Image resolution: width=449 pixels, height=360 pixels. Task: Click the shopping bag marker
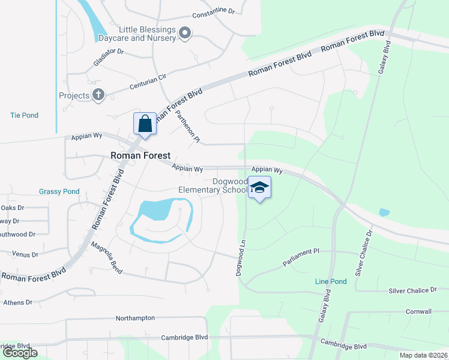click(x=145, y=124)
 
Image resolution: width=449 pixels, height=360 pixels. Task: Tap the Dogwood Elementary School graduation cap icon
click(x=259, y=188)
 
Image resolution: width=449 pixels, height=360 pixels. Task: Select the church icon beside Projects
click(x=98, y=95)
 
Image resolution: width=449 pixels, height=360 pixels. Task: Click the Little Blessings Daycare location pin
click(x=185, y=34)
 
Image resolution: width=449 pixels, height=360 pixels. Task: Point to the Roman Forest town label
click(x=140, y=155)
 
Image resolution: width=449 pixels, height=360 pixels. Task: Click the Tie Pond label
click(x=24, y=115)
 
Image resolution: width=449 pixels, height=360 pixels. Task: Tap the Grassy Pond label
click(x=59, y=191)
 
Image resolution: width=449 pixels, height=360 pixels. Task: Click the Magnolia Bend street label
click(x=107, y=258)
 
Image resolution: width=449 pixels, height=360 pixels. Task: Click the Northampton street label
click(x=135, y=318)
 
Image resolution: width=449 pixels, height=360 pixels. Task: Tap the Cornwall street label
click(x=418, y=311)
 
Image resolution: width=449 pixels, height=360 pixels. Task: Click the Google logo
click(x=20, y=353)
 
